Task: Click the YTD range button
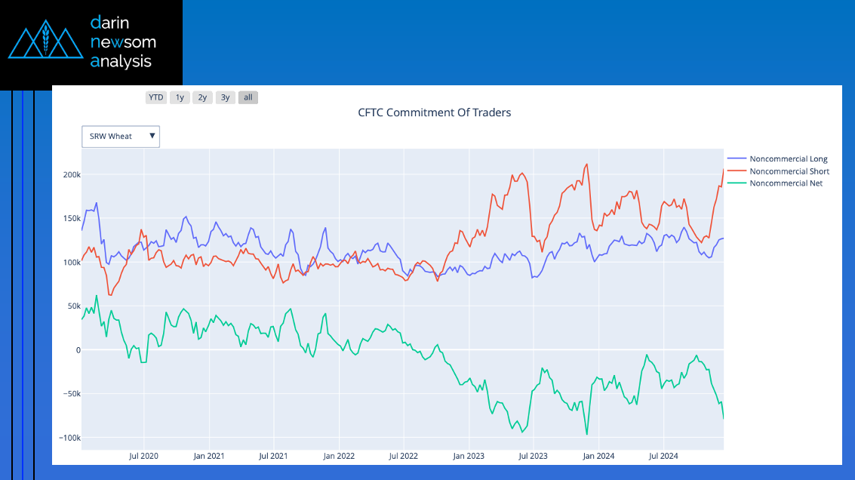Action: [156, 97]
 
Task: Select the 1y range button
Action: [180, 97]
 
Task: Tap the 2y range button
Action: [202, 97]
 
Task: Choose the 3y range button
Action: [225, 97]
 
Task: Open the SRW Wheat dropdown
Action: [121, 137]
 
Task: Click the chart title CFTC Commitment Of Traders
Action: [434, 112]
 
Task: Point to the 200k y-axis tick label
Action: [72, 174]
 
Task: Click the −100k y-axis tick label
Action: [70, 438]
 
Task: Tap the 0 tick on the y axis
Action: [77, 350]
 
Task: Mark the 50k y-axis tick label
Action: [73, 306]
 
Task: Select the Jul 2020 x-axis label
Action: [143, 456]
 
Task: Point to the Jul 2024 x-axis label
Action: [663, 456]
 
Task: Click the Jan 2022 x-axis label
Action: [339, 456]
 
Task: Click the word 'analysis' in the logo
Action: [121, 61]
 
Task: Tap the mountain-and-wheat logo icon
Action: [45, 42]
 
